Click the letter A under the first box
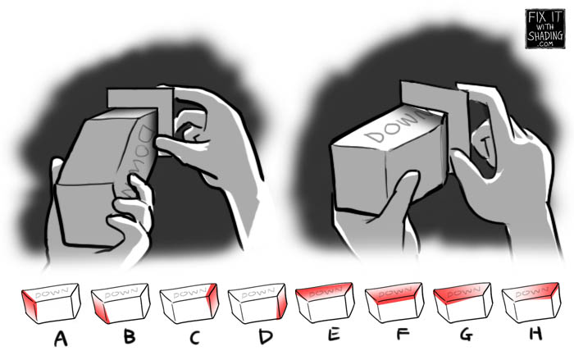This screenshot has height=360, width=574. point(60,337)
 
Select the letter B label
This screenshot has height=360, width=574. point(129,337)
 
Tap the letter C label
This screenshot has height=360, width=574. point(195,337)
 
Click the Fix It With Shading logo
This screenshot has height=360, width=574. point(544,30)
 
